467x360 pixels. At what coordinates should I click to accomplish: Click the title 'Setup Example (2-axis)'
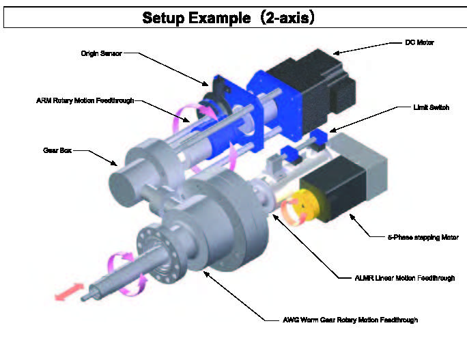tap(228, 18)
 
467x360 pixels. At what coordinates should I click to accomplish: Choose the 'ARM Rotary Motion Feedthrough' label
tap(85, 100)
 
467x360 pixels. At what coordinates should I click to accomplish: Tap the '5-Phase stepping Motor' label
tap(421, 237)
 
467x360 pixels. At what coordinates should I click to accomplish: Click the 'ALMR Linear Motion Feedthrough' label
tap(406, 278)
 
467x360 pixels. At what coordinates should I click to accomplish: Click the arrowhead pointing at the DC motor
tap(337, 52)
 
